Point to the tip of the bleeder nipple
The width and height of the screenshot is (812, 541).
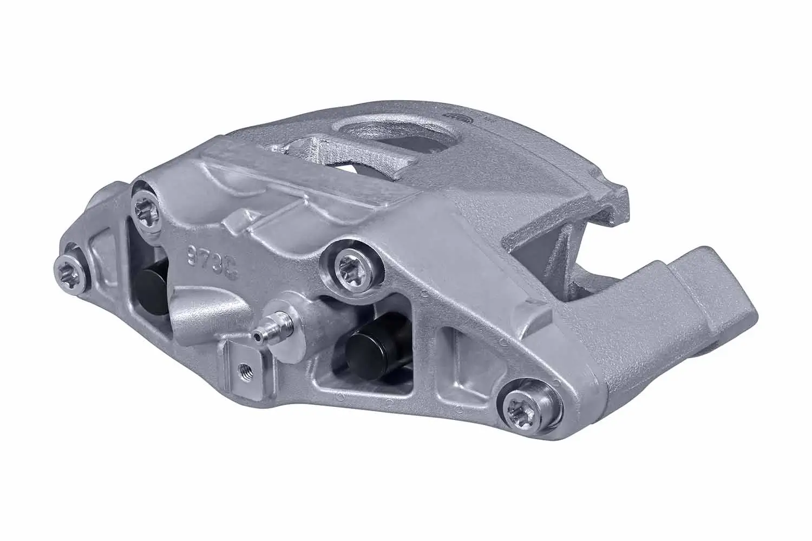(256, 337)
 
